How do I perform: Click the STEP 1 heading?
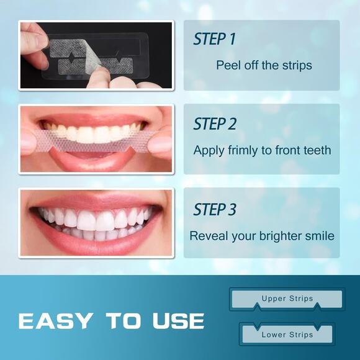214,39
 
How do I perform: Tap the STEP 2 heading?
215,124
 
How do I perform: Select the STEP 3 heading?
215,209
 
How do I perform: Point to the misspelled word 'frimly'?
239,150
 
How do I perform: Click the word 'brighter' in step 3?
277,236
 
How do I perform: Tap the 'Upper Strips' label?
287,299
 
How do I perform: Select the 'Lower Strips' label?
287,335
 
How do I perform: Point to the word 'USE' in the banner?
178,321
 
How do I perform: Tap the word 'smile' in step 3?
320,236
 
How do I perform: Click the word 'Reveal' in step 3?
207,236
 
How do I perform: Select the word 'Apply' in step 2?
207,150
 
